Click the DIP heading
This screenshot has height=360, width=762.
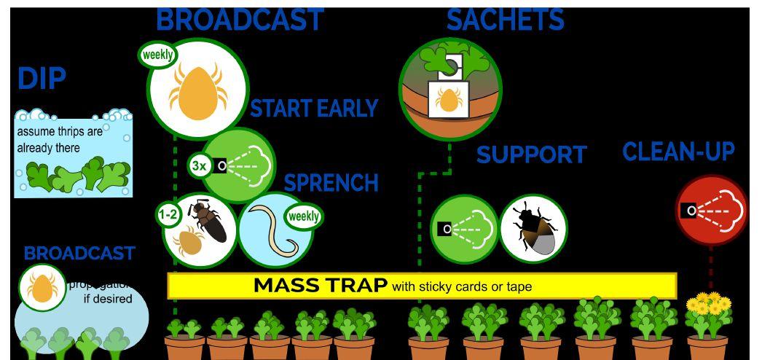tap(41, 79)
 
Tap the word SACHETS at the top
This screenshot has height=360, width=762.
tap(505, 20)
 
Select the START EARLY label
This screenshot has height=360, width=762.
tap(314, 109)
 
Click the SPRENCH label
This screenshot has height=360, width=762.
tap(331, 182)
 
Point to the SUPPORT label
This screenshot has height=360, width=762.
tap(531, 154)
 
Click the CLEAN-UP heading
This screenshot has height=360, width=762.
tap(678, 152)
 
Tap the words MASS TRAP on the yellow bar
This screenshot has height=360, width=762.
tap(320, 286)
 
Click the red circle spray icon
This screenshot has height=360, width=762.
tap(710, 210)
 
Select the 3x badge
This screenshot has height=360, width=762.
tap(199, 166)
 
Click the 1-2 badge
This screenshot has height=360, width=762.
tap(168, 215)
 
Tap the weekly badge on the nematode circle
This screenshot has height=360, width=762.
tap(303, 216)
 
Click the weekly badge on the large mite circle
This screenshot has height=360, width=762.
tap(157, 55)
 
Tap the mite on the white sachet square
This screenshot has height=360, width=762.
tap(447, 101)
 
